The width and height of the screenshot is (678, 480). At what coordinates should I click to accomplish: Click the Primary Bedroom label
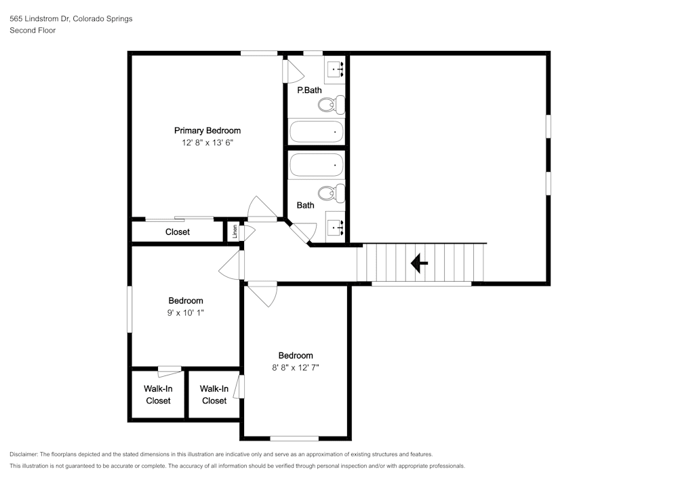[x=207, y=130]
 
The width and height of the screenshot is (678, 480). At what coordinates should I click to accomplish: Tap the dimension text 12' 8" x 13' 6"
[x=207, y=143]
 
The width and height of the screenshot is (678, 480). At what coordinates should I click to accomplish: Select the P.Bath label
[x=309, y=90]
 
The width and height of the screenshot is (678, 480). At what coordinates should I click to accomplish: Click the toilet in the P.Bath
[x=331, y=105]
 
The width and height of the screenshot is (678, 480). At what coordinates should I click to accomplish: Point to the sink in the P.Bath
[x=336, y=69]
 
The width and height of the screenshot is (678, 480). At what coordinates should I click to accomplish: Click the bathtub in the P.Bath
[x=317, y=131]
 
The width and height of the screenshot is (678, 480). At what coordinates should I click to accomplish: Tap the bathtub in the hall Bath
[x=317, y=164]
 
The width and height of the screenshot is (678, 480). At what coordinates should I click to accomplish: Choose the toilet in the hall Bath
[x=331, y=193]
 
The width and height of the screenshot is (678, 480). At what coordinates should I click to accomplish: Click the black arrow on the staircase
[x=419, y=262]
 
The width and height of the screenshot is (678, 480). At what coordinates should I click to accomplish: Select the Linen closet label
[x=235, y=232]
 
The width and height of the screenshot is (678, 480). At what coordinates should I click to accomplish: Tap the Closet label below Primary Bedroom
[x=178, y=232]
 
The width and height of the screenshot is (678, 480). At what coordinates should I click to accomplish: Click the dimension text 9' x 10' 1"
[x=186, y=312]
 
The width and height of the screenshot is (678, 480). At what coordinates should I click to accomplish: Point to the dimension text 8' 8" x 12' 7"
[x=296, y=367]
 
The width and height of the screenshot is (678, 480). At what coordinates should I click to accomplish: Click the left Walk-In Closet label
[x=158, y=394]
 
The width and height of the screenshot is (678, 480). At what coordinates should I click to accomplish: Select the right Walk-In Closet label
[x=214, y=394]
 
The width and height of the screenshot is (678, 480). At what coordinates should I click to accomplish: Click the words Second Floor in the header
[x=33, y=31]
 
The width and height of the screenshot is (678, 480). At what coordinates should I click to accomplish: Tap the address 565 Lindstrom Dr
[x=40, y=19]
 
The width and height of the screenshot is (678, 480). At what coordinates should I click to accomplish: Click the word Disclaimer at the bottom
[x=24, y=454]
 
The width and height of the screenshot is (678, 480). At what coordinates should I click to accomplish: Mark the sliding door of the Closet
[x=180, y=219]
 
